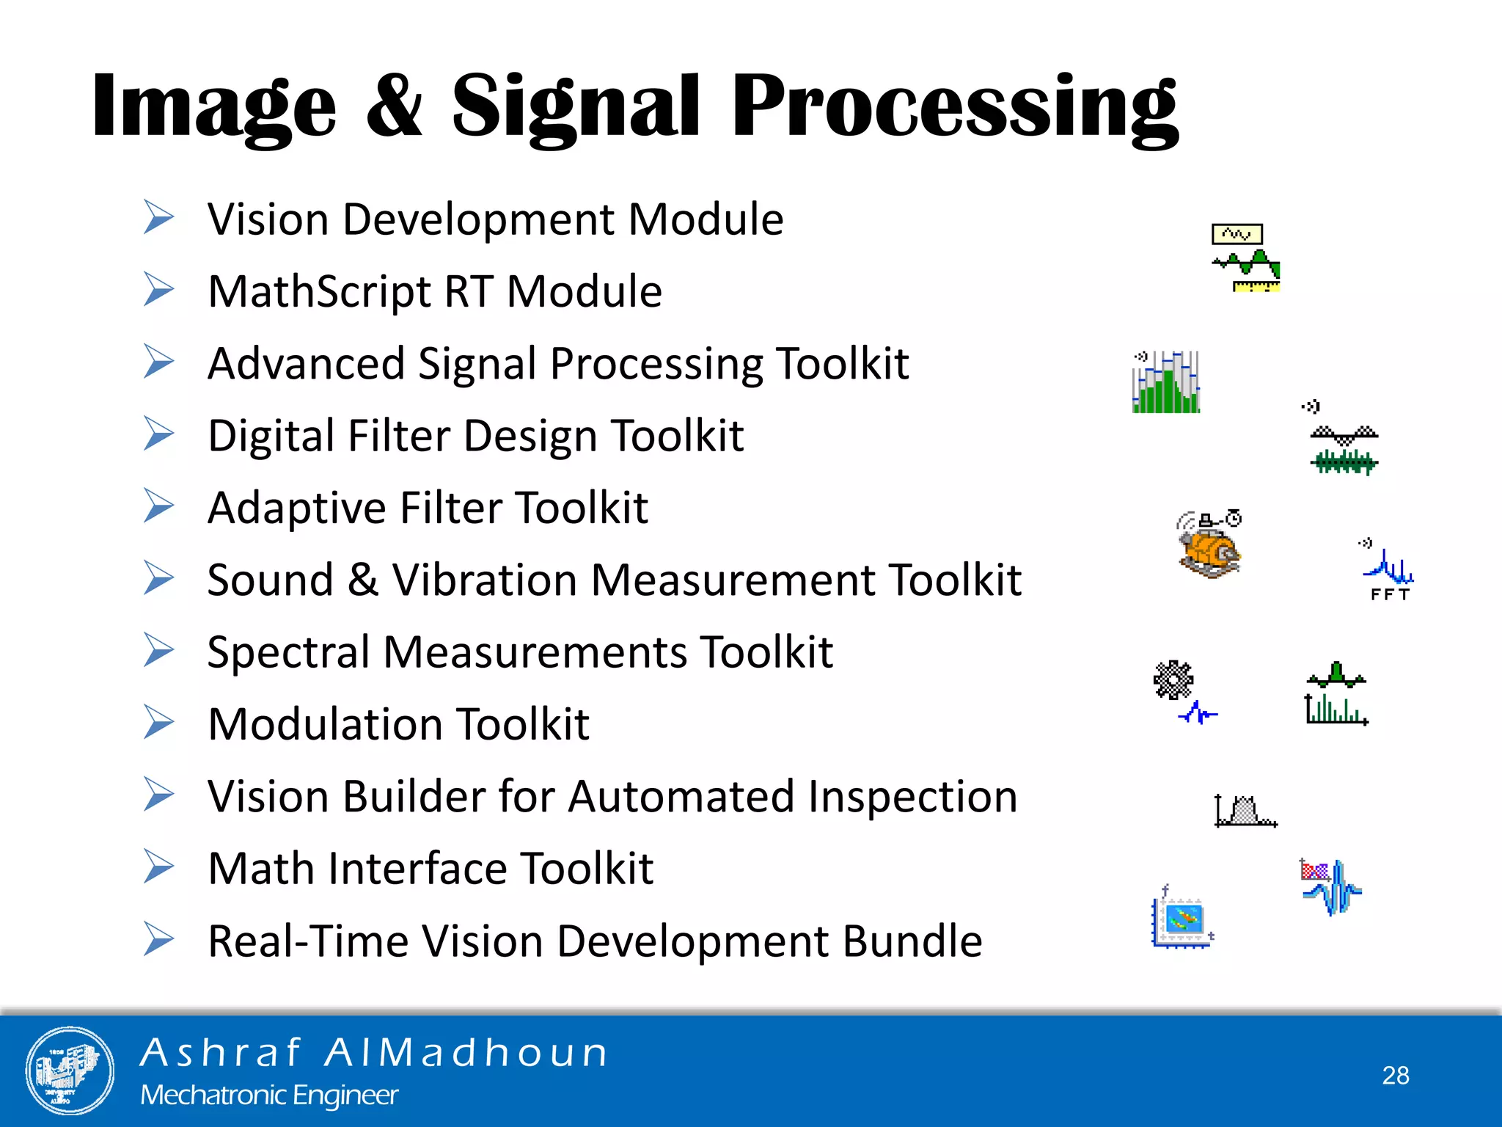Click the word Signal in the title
(576, 106)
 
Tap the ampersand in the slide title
(394, 106)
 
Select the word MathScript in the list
(319, 292)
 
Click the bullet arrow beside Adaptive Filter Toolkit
(158, 506)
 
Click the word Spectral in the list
(288, 652)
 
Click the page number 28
(1396, 1075)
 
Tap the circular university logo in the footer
(70, 1071)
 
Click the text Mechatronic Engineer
(269, 1095)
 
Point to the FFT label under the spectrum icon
(1390, 595)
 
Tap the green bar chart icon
(1166, 382)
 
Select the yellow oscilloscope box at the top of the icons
(1237, 234)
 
